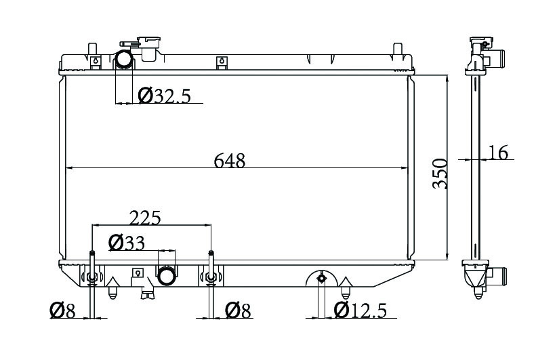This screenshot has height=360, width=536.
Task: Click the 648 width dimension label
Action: click(x=229, y=161)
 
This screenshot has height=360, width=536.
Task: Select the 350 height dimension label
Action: click(x=440, y=174)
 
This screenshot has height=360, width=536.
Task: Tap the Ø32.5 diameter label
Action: click(x=164, y=96)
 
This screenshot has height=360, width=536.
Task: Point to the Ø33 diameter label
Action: click(x=127, y=243)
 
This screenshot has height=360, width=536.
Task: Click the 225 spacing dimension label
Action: click(x=144, y=218)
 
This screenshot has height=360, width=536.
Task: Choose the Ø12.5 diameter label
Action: click(x=360, y=311)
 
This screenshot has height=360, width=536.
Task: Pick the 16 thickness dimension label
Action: click(x=499, y=153)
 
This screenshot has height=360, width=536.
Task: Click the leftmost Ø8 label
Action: click(x=62, y=311)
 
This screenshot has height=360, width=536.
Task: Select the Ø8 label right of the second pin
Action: click(x=238, y=311)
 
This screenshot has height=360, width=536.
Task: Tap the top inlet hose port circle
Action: click(x=124, y=59)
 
